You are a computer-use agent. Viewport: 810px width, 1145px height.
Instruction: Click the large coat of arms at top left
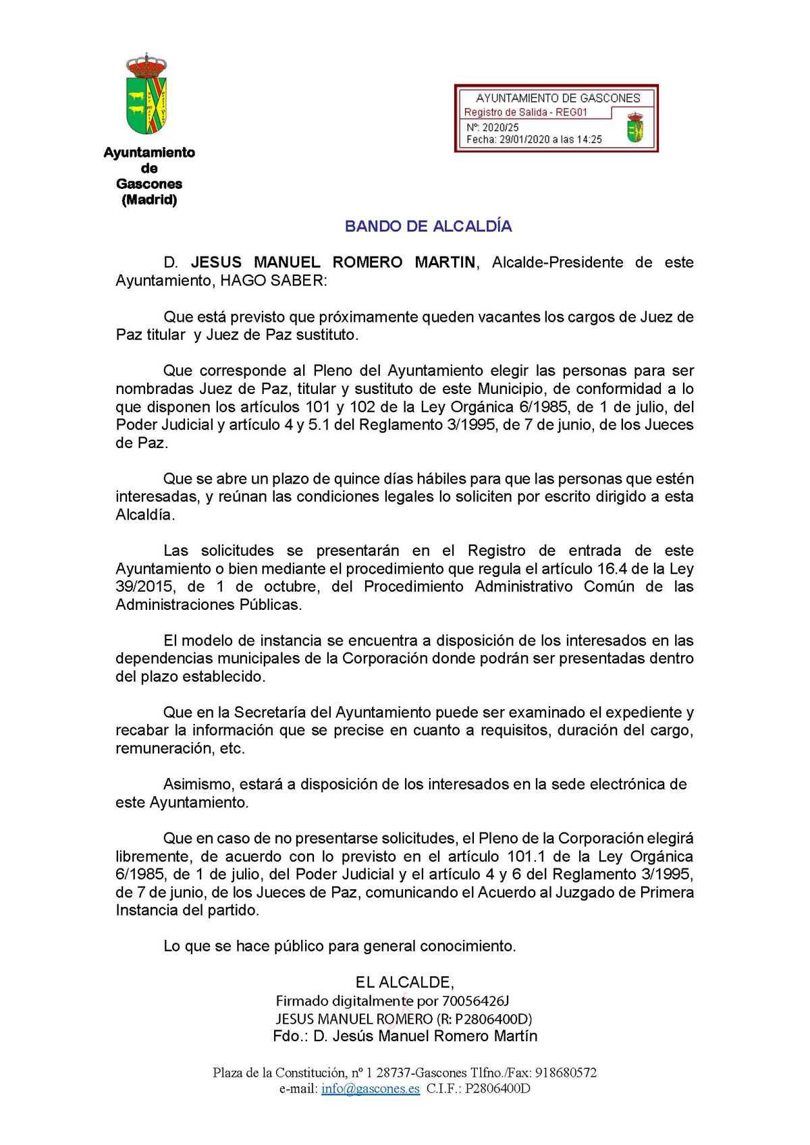146,94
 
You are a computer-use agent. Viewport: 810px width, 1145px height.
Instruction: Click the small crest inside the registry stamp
634,128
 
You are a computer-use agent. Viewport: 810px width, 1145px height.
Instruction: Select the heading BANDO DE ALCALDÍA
428,227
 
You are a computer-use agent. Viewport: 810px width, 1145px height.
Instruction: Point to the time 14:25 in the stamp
589,140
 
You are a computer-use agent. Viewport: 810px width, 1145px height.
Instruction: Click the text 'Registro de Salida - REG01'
525,113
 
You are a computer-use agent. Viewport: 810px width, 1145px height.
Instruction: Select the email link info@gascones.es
370,1088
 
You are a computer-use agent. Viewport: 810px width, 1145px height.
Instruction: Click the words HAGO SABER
273,281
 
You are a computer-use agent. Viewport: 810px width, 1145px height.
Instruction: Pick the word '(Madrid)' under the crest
149,200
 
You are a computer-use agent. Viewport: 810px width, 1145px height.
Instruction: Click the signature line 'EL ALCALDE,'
405,982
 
